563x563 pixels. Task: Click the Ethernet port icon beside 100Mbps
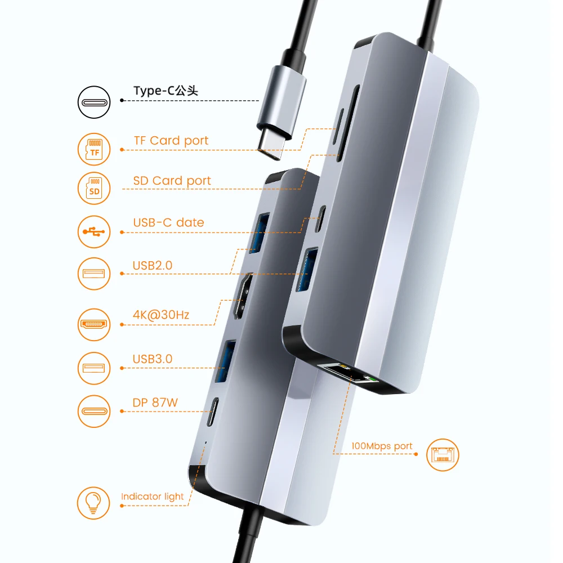click(x=443, y=454)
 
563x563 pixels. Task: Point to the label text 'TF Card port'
click(x=171, y=141)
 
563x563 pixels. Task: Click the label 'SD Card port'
click(x=172, y=181)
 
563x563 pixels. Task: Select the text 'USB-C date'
click(x=168, y=222)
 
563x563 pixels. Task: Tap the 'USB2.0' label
click(x=153, y=265)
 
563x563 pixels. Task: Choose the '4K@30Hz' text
click(x=160, y=314)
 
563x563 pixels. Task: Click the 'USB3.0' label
click(x=153, y=359)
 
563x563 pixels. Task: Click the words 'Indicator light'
click(x=152, y=497)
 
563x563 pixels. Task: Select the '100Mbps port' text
click(x=382, y=446)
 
